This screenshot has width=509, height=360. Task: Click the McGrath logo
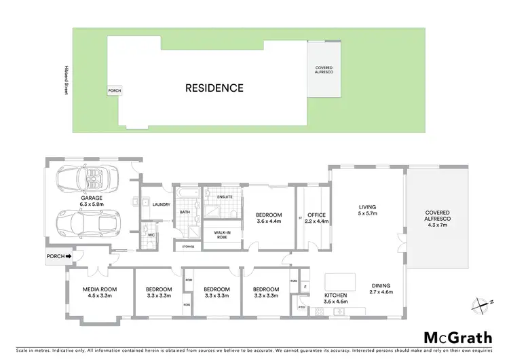tap(458, 338)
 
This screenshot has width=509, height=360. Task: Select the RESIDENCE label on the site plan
tap(214, 88)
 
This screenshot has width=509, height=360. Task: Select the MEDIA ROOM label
tap(100, 292)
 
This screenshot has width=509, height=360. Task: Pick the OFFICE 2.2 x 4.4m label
tap(317, 218)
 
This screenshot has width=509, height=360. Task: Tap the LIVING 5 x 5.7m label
tap(367, 211)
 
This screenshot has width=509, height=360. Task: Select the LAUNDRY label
tap(161, 204)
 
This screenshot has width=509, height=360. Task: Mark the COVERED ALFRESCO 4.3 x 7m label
tap(438, 219)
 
